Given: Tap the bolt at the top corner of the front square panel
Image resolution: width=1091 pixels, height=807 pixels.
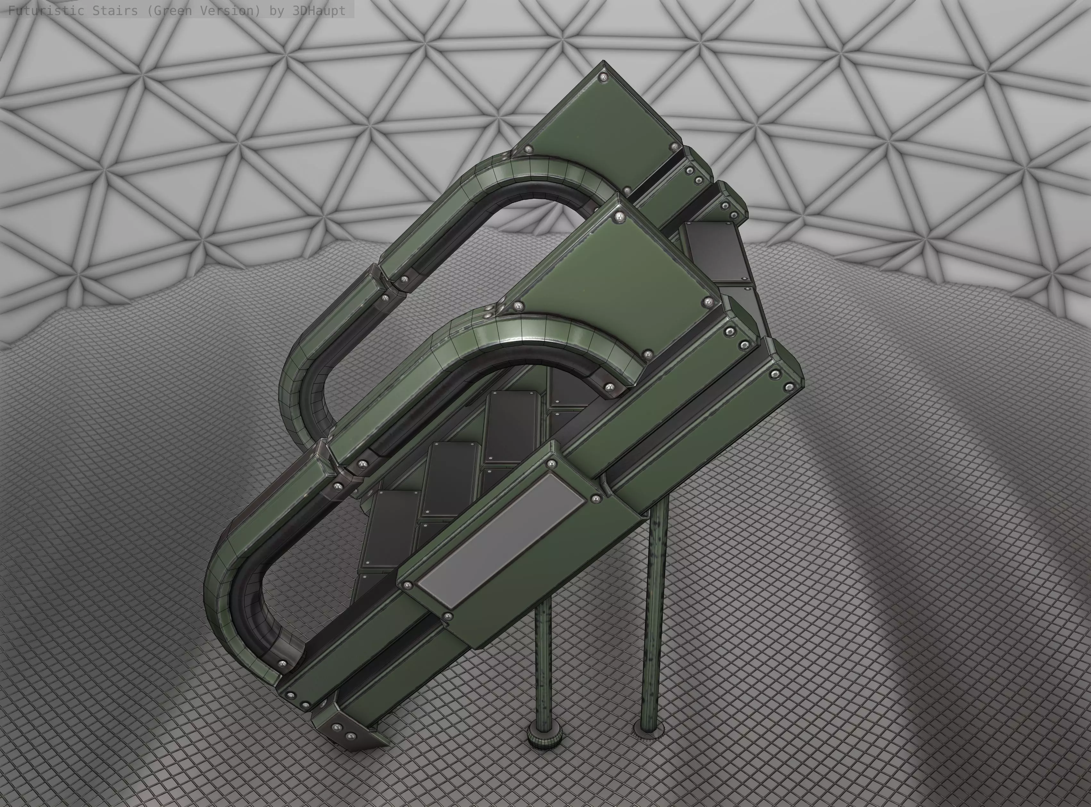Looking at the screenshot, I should tap(620, 216).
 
